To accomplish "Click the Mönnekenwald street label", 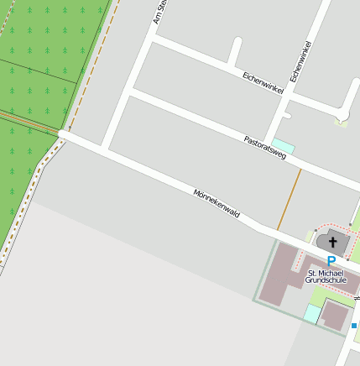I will pos(217,203).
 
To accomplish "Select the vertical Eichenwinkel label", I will pos(300,61).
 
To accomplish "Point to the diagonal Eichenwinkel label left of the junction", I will pos(264,82).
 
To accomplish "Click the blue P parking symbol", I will pos(331,262).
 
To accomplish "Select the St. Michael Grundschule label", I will pos(326,276).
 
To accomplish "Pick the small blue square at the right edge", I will pos(354,325).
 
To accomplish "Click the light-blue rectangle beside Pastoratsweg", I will pos(284,145).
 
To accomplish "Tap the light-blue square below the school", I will pos(312,314).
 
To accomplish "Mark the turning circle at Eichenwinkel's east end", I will pos(343,113).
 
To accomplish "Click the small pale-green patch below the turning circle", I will pos(340,123).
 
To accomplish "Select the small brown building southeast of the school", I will pos(337,316).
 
